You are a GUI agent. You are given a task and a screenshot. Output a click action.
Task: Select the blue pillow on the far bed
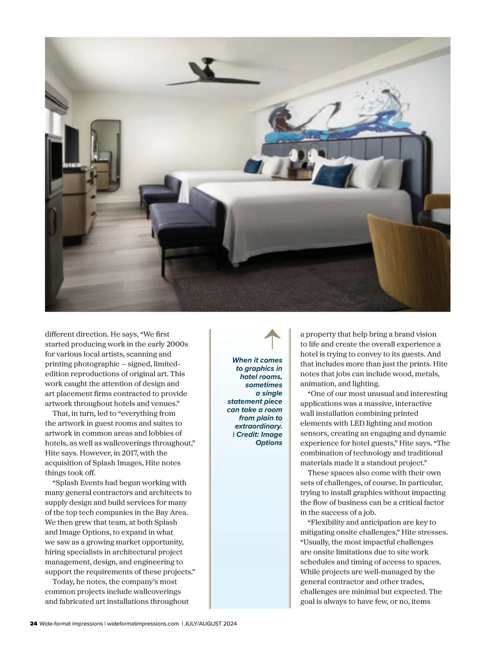point(253,166)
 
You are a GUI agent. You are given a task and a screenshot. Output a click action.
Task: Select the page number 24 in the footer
point(34,635)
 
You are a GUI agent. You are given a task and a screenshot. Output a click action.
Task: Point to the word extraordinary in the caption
point(258,426)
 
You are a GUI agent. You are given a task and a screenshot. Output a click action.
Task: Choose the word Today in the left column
point(63,581)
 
